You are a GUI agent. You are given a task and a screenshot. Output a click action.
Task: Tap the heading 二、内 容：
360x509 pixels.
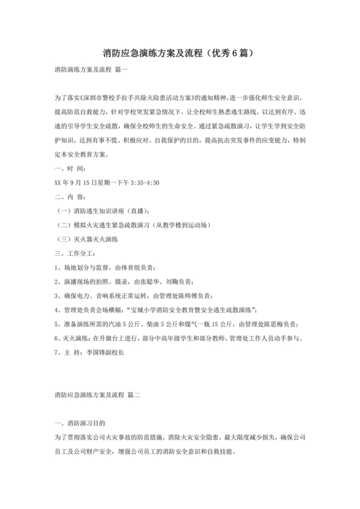coord(70,197)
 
